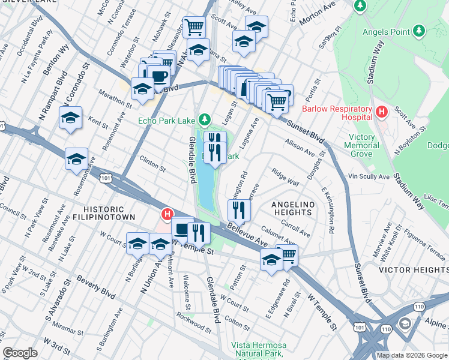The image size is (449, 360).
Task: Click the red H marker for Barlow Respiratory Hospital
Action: pos(380,111)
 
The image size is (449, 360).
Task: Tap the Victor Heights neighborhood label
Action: pos(414,270)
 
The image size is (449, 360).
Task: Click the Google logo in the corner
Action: pos(20,353)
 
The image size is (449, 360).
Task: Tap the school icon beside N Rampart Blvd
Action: pos(71,117)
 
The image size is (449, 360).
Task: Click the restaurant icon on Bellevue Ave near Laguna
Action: pos(239,209)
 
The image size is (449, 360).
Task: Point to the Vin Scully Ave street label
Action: pos(369,177)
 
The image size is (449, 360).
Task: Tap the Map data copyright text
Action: pos(411,355)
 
